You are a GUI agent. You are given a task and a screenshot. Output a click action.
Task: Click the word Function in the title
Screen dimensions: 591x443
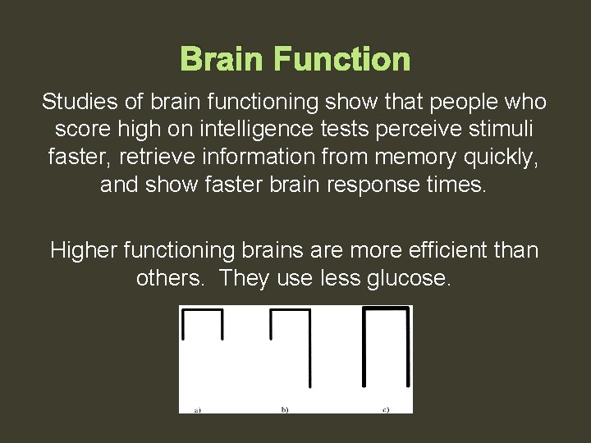(x=342, y=60)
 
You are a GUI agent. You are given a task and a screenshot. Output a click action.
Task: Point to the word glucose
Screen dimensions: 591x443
(x=408, y=278)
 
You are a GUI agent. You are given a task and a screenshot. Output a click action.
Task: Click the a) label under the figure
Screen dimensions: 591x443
(x=198, y=409)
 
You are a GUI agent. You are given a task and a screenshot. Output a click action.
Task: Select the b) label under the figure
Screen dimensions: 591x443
(x=285, y=409)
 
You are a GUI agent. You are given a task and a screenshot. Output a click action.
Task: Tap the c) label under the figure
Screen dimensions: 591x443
(x=385, y=409)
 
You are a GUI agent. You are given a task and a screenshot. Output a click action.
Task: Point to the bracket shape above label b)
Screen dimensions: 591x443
(x=291, y=345)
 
